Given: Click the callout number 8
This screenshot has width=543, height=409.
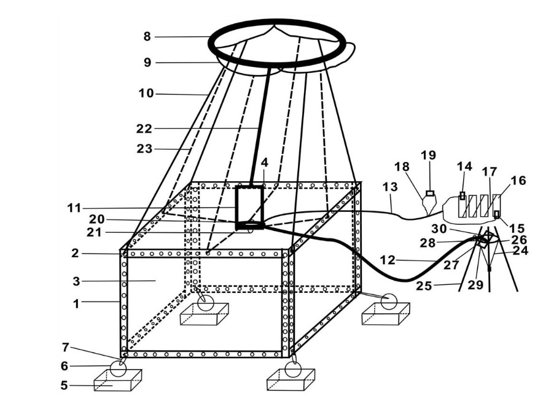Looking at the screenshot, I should click(147, 37).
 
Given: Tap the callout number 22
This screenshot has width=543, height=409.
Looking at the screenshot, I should click(144, 128).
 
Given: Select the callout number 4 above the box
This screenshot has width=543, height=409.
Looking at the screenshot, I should click(264, 163).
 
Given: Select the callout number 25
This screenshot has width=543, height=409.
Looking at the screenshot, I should click(440, 286).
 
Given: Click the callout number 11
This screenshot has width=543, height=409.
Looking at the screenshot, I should click(74, 208).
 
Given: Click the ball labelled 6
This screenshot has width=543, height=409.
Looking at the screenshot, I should click(117, 368).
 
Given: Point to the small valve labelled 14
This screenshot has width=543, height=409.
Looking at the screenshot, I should click(462, 195).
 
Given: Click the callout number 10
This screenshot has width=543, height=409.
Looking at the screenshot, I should click(146, 93).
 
